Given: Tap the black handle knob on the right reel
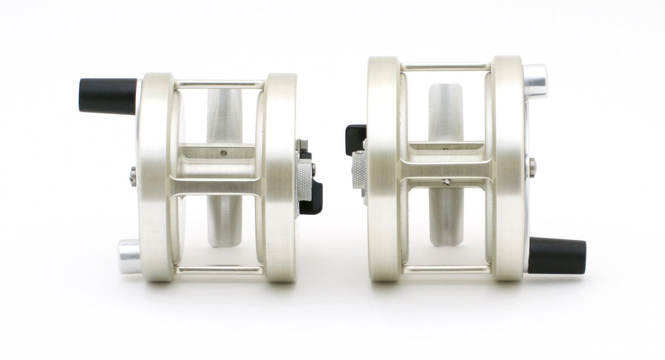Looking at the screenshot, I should pyautogui.click(x=557, y=256).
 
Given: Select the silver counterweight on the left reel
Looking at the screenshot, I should pyautogui.click(x=129, y=256).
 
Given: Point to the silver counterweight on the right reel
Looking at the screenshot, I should pyautogui.click(x=535, y=81).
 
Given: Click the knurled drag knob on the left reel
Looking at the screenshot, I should pyautogui.click(x=305, y=182).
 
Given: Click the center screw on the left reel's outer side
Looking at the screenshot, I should pyautogui.click(x=133, y=177).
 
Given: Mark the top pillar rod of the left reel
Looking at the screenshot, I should pyautogui.click(x=219, y=85).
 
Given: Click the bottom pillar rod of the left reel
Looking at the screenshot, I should pyautogui.click(x=219, y=270).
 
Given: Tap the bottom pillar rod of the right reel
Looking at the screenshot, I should pyautogui.click(x=446, y=270).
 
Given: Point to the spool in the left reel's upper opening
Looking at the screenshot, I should pyautogui.click(x=224, y=116).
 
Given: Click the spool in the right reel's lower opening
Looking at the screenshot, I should pyautogui.click(x=446, y=216).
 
